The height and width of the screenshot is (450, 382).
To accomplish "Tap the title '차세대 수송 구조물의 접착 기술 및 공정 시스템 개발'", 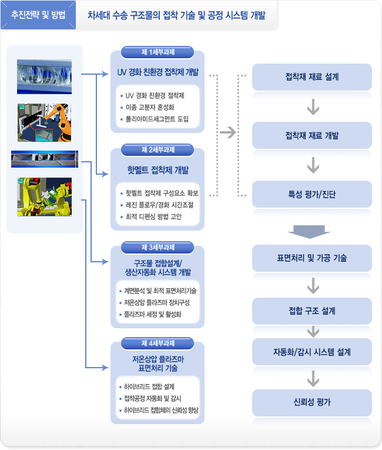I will [176, 16].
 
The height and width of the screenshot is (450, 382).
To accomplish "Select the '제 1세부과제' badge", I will [158, 52].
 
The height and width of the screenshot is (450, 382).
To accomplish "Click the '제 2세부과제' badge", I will [158, 149].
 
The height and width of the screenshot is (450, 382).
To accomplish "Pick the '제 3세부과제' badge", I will [158, 246].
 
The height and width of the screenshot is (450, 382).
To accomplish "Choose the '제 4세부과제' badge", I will [158, 342].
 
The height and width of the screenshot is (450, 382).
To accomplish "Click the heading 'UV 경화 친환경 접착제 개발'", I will [158, 74].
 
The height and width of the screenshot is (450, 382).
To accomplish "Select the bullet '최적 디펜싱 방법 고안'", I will [154, 216].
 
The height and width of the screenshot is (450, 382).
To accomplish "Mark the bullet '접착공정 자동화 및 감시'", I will [153, 398].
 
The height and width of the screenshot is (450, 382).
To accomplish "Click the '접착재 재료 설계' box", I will [312, 77].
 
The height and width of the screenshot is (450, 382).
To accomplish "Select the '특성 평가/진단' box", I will [312, 195].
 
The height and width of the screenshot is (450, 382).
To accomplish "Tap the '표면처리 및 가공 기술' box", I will [312, 258].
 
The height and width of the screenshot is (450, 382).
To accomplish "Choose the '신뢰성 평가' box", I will [312, 402].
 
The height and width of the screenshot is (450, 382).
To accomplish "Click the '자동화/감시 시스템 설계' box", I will [312, 352].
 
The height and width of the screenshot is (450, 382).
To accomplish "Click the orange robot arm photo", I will [45, 122].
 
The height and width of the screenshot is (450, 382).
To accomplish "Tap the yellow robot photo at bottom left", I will [45, 196].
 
